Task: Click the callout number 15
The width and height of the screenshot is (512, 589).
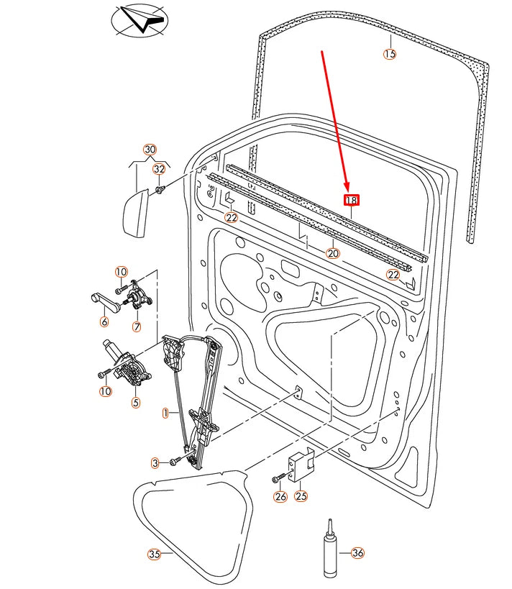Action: point(389,54)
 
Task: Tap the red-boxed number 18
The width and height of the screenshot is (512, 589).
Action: point(351,201)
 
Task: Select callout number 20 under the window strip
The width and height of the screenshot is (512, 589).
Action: point(332,253)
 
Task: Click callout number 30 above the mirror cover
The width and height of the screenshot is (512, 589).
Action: point(150,150)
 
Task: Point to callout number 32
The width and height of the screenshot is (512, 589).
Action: point(159,169)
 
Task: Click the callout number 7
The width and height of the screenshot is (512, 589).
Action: point(137,327)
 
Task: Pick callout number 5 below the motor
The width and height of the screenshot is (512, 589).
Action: point(136,402)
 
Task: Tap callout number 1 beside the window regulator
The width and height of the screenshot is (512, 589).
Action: point(165,413)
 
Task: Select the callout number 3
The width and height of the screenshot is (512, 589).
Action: point(155,462)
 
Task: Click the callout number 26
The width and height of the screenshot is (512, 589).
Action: point(280,496)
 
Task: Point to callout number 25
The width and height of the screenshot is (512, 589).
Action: point(301,496)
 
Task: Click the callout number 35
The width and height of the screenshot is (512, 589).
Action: point(153,554)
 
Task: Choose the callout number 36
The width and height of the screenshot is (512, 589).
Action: point(357,553)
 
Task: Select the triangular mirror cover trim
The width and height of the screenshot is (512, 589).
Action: point(134,214)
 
